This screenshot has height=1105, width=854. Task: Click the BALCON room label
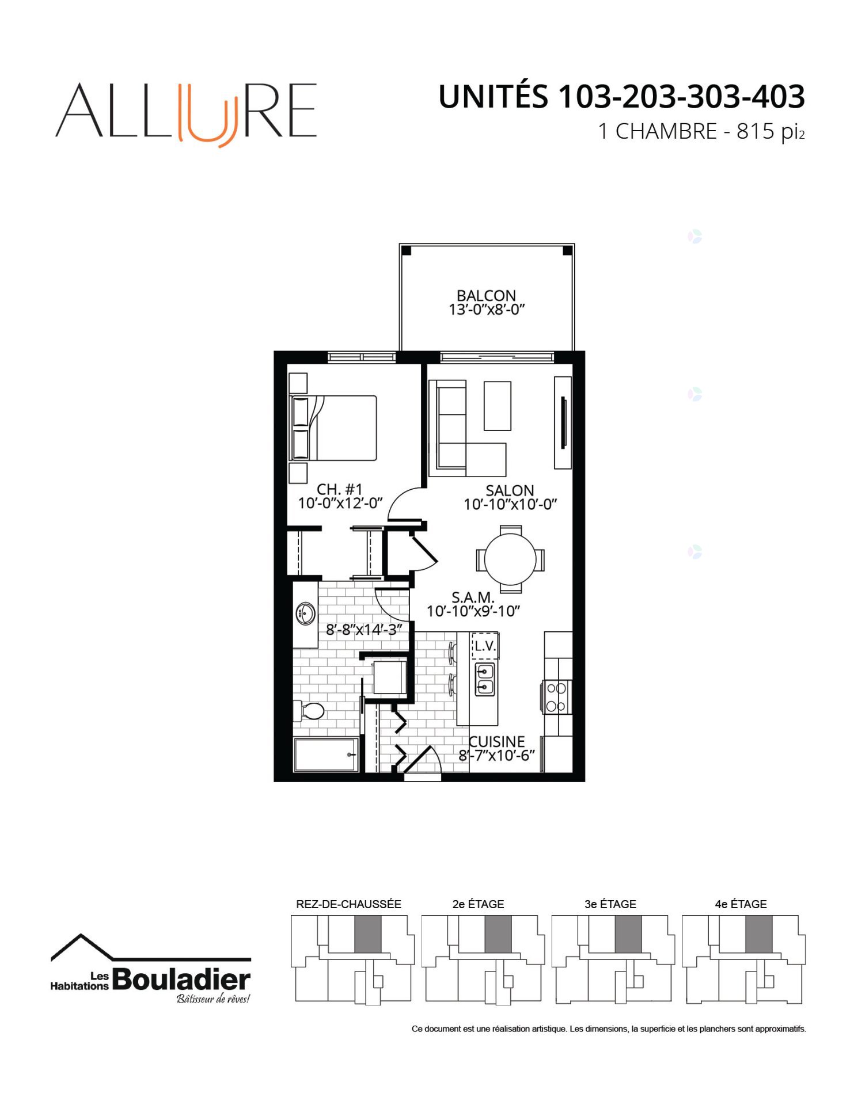(x=486, y=295)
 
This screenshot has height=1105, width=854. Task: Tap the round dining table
(x=510, y=559)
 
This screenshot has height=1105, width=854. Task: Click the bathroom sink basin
(x=305, y=614)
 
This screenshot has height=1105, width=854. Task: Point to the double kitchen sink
(x=485, y=679)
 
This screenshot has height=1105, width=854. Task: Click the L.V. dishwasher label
(x=485, y=646)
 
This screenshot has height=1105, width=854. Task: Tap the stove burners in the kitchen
(x=556, y=697)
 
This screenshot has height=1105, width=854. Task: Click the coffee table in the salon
(x=498, y=406)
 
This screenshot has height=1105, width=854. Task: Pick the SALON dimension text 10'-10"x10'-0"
(x=510, y=505)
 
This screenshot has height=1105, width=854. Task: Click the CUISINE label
(x=497, y=742)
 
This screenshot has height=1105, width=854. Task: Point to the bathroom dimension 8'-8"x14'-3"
(x=363, y=630)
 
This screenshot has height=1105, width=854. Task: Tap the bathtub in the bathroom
(x=326, y=755)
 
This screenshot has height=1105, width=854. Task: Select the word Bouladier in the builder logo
(x=181, y=980)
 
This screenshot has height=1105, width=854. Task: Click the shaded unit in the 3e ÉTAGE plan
(x=628, y=934)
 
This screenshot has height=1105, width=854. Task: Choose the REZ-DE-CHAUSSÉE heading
(x=348, y=904)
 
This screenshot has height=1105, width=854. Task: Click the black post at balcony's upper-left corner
(x=406, y=250)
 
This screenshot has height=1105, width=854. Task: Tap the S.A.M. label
(x=473, y=597)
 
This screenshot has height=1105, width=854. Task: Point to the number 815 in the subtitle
(x=756, y=131)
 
